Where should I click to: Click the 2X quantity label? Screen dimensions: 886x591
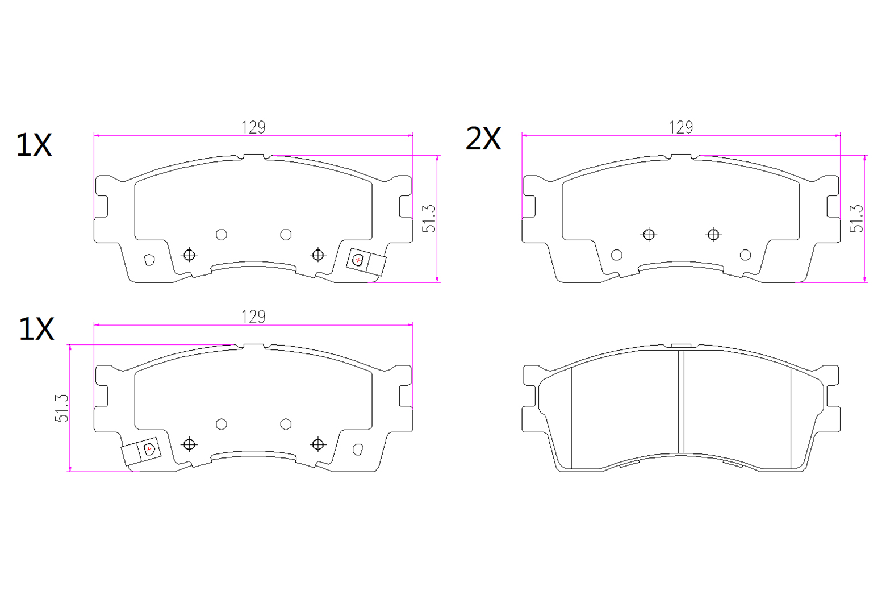click(x=483, y=139)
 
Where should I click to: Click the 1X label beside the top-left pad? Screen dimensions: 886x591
click(x=34, y=145)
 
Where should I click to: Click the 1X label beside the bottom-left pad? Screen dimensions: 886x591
click(x=36, y=330)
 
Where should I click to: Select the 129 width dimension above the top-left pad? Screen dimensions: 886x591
click(x=253, y=127)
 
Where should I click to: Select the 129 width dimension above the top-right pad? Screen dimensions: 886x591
click(x=681, y=127)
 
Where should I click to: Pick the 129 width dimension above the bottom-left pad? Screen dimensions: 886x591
click(x=253, y=317)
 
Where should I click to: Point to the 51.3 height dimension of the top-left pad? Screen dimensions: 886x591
click(x=429, y=219)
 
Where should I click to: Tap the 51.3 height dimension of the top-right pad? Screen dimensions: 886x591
click(x=856, y=219)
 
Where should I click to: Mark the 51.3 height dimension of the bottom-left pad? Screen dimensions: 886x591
click(x=62, y=408)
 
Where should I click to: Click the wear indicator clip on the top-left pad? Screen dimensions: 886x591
click(x=366, y=262)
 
